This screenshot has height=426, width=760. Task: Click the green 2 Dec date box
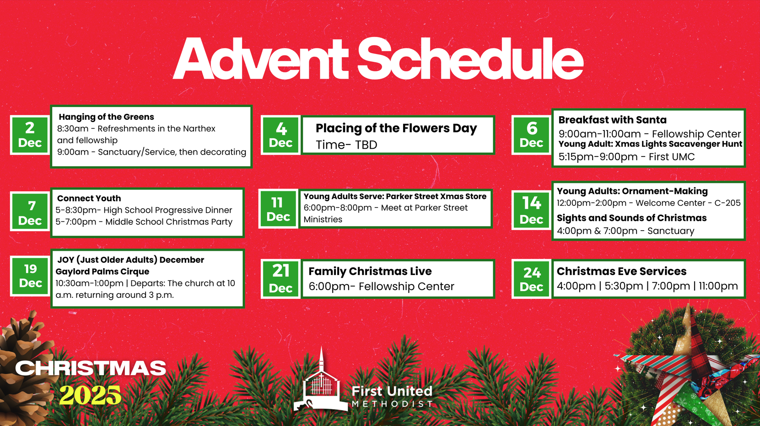[30, 135]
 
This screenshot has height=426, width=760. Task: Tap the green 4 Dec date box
[280, 135]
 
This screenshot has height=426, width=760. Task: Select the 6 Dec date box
[531, 135]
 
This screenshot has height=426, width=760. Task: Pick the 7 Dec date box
[30, 211]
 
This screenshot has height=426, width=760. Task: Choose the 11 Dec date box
[278, 209]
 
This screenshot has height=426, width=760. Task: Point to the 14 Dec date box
[531, 210]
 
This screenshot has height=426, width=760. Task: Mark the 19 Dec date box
[30, 276]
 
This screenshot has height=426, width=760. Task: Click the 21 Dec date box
[280, 279]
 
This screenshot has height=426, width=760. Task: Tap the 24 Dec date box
[531, 279]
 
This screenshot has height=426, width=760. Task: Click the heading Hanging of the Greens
[106, 117]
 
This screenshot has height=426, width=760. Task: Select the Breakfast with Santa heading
[612, 120]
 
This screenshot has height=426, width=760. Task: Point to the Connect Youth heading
[89, 199]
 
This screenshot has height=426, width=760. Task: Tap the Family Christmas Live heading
[370, 271]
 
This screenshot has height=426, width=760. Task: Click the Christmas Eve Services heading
[621, 271]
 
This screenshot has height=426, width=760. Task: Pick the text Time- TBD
[346, 145]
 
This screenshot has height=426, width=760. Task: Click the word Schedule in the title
[470, 59]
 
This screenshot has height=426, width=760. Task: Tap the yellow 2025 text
[90, 395]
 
